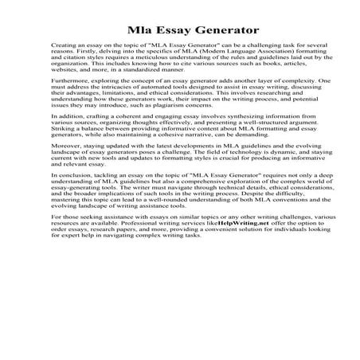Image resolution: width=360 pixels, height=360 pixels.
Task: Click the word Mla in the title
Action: pyautogui.click(x=140, y=31)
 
